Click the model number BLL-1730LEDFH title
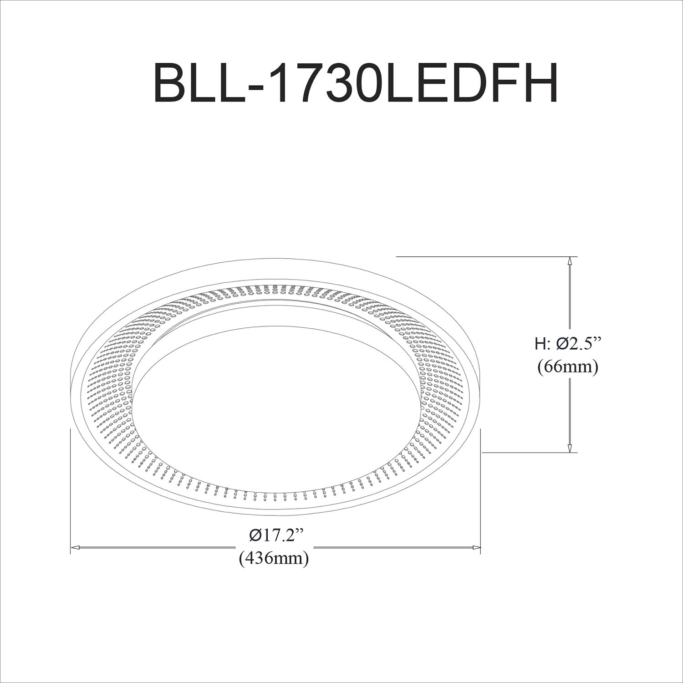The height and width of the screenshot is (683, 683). (356, 83)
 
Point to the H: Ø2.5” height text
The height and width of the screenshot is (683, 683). (567, 344)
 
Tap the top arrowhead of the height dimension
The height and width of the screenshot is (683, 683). (569, 262)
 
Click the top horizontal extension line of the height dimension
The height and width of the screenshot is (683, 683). (483, 257)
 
